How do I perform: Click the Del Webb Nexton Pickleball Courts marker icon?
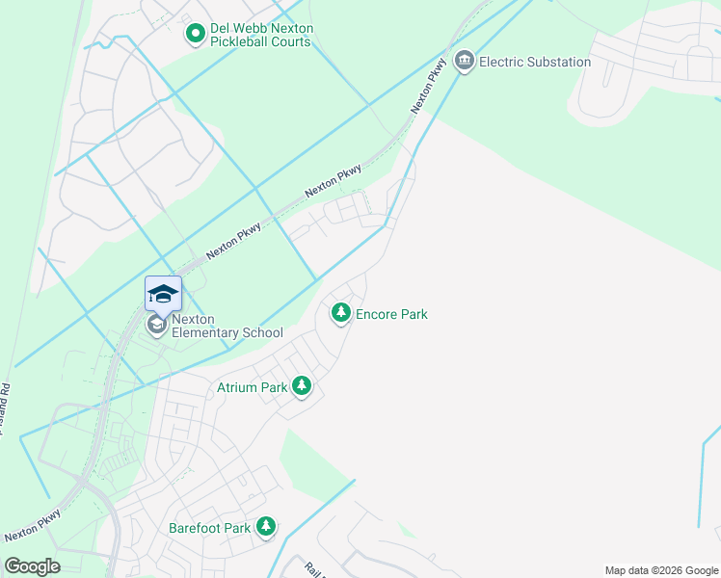pyautogui.click(x=196, y=35)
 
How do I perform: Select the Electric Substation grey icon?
pyautogui.click(x=465, y=62)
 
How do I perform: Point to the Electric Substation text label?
pyautogui.click(x=535, y=62)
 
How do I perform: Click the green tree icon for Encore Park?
pyautogui.click(x=340, y=313)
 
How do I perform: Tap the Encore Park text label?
pyautogui.click(x=391, y=314)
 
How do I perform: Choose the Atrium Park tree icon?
pyautogui.click(x=303, y=386)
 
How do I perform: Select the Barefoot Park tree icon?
pyautogui.click(x=265, y=527)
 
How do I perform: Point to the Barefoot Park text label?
pyautogui.click(x=209, y=528)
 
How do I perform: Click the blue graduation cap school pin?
pyautogui.click(x=163, y=294)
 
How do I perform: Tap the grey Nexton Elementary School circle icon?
pyautogui.click(x=156, y=326)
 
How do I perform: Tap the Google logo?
pyautogui.click(x=32, y=565)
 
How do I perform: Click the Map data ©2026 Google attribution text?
pyautogui.click(x=660, y=570)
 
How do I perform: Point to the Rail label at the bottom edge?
pyautogui.click(x=312, y=569)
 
